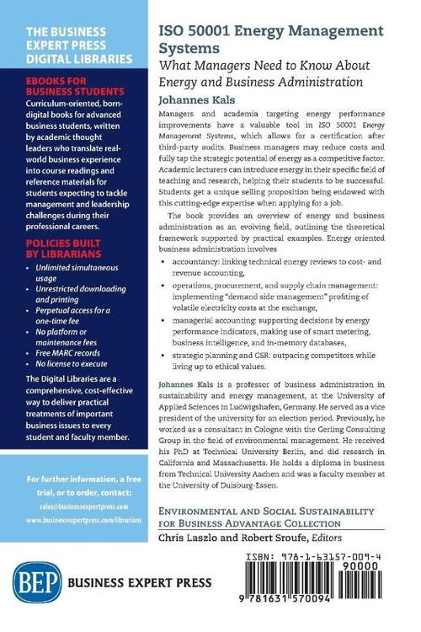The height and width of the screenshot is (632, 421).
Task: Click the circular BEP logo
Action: [x=29, y=590]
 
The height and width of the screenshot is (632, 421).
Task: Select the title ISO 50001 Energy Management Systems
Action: [x=271, y=39]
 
